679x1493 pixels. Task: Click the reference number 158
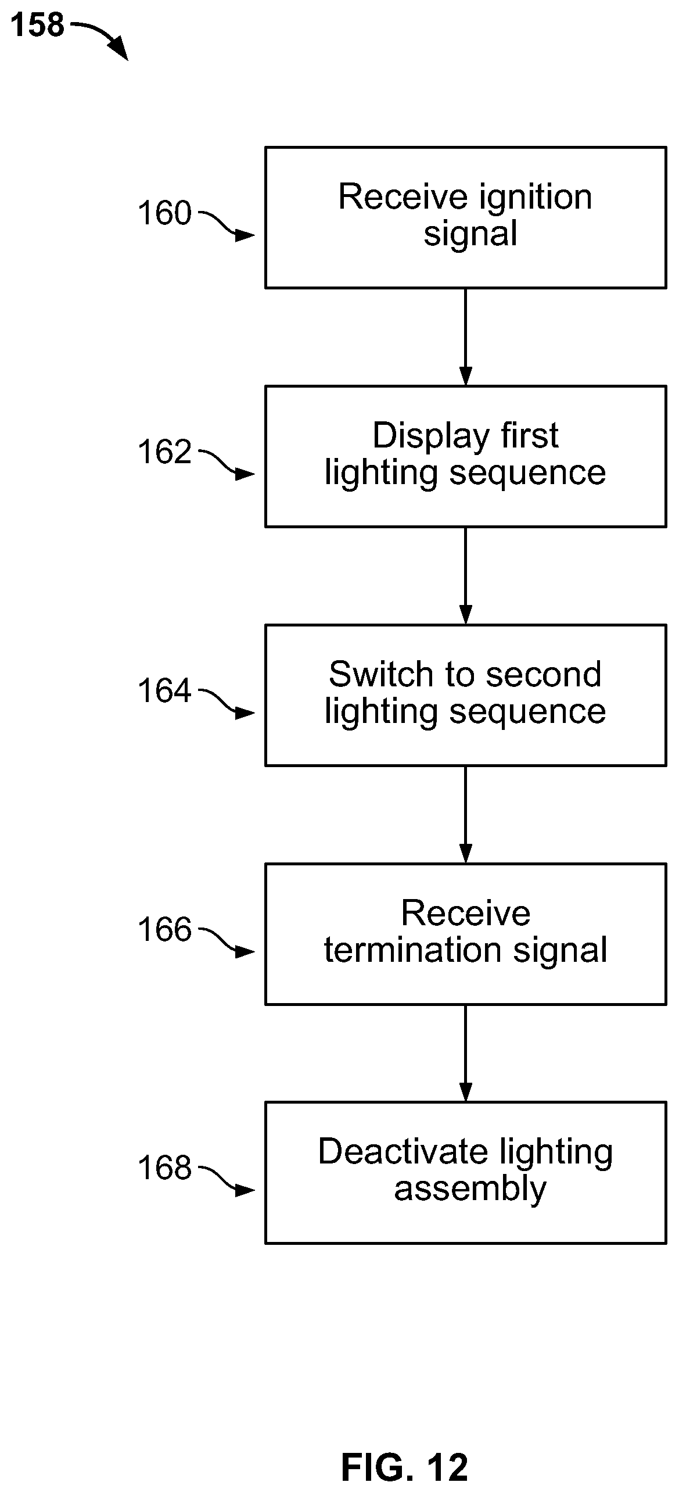pos(38,26)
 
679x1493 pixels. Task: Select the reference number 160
pos(164,213)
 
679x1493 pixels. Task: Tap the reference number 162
pos(164,452)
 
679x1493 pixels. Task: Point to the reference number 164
pos(164,691)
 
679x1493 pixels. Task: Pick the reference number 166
pos(164,929)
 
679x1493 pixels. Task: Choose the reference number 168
pos(164,1168)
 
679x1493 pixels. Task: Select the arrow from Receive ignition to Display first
pos(466,337)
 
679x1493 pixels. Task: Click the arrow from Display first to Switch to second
pos(466,576)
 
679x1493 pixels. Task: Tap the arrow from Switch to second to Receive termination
pos(466,815)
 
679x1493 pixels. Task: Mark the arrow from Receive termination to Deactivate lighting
pos(466,1054)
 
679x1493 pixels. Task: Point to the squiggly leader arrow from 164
pos(227,703)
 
